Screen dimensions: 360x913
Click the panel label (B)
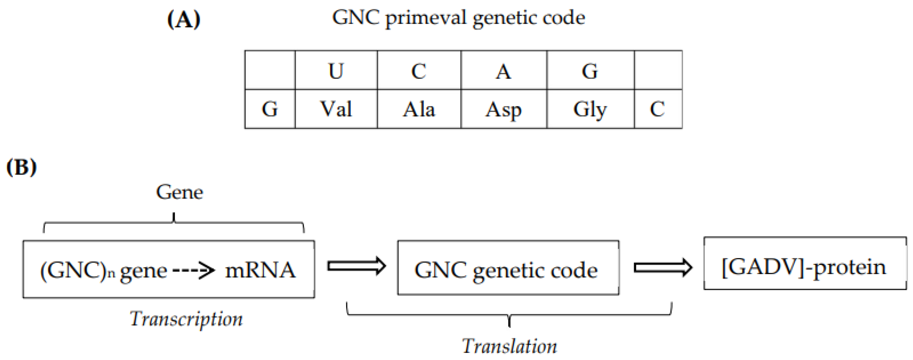(22, 167)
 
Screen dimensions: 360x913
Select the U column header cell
(336, 70)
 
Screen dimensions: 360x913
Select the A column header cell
(503, 70)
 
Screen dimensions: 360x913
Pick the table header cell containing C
(419, 70)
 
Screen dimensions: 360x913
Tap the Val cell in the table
(336, 109)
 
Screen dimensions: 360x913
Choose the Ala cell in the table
(419, 109)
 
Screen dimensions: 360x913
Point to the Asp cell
(503, 109)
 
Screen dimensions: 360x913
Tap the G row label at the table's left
(270, 109)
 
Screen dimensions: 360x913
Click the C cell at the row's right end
(657, 109)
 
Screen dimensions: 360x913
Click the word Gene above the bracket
(179, 192)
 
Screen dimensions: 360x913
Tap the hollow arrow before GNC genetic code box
(356, 266)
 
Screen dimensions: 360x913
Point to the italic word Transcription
(186, 319)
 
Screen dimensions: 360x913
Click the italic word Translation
(509, 346)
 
